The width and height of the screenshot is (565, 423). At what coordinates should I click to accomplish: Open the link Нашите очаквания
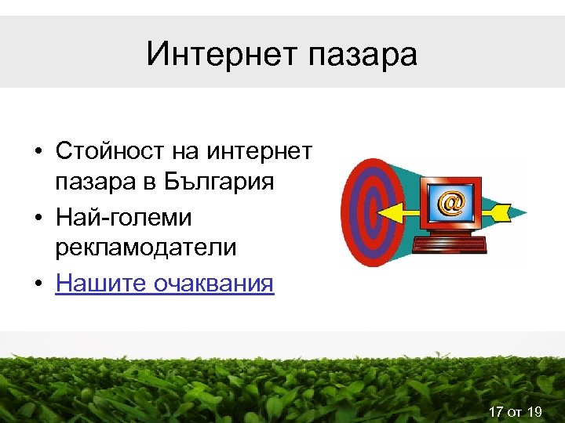pos(165,282)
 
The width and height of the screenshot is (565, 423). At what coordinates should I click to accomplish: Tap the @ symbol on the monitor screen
pos(450,203)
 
